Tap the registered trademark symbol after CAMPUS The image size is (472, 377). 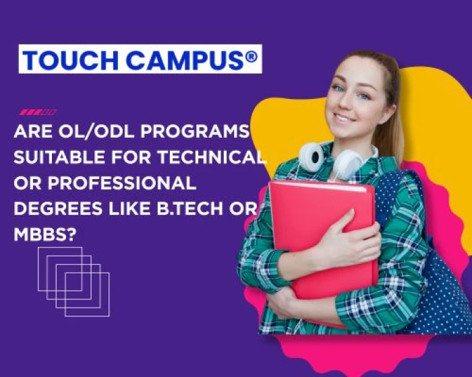click(x=251, y=57)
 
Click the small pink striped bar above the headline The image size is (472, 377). click(x=38, y=112)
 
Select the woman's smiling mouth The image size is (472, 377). click(x=345, y=118)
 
